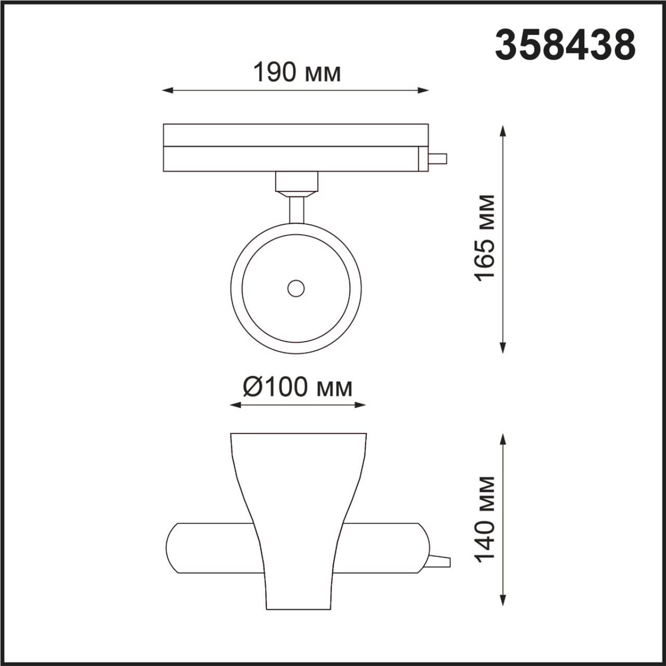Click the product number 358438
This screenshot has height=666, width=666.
point(565,45)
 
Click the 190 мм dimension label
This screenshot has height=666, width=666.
point(297,73)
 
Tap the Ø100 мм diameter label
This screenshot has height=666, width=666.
point(298,387)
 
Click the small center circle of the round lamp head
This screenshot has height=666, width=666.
point(296,288)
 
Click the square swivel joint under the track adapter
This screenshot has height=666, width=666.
point(296,182)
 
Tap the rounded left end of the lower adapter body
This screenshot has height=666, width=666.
point(173,548)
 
